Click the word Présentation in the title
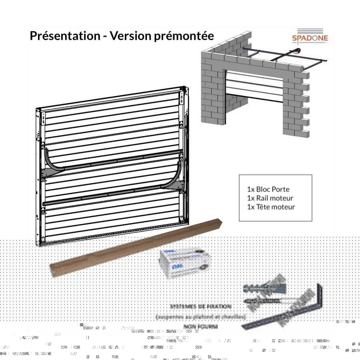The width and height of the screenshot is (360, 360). click(64, 36)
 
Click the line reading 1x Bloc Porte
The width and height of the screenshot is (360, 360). click(268, 189)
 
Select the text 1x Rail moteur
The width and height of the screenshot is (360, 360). click(270, 198)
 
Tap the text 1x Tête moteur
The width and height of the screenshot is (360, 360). click(271, 207)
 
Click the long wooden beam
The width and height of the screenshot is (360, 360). click(136, 246)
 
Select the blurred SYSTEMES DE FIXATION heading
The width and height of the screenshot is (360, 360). click(200, 306)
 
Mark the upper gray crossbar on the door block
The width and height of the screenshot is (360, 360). click(116, 162)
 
